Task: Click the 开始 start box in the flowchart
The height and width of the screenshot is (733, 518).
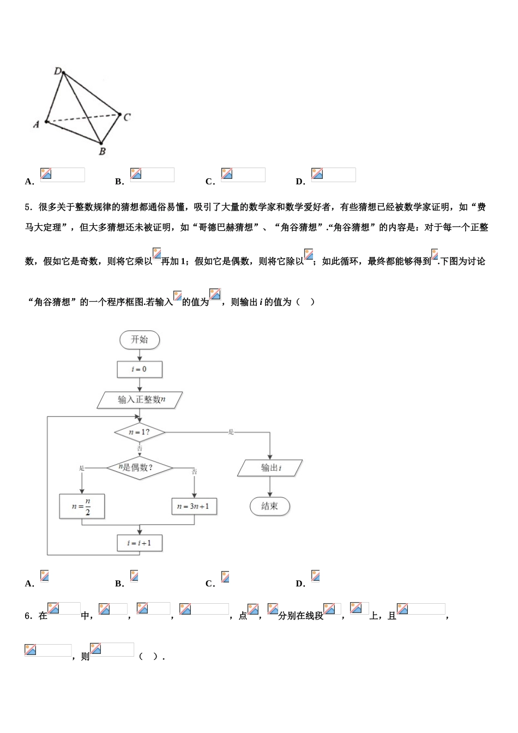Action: click(140, 340)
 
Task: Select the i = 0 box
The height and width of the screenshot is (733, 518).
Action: click(140, 369)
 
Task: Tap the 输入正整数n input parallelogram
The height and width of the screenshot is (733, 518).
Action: click(140, 400)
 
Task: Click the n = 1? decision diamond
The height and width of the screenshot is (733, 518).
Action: click(140, 432)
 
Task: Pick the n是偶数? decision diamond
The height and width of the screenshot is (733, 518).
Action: click(139, 467)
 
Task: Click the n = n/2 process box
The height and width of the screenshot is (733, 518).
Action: click(82, 506)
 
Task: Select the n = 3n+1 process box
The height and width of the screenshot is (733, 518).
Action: click(194, 506)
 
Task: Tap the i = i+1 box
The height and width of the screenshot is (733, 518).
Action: click(140, 543)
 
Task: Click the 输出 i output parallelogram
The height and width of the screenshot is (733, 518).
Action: click(270, 468)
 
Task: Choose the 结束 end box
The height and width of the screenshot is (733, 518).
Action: click(270, 506)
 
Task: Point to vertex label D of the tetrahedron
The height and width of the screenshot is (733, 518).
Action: click(58, 70)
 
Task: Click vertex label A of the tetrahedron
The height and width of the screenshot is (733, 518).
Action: click(37, 124)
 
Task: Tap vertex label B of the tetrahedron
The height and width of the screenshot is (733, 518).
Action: click(102, 152)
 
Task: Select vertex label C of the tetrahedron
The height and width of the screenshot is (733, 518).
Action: click(127, 117)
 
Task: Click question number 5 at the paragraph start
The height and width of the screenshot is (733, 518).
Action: click(28, 207)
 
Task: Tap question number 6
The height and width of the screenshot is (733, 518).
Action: click(28, 616)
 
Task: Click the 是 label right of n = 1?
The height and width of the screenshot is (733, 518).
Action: click(231, 432)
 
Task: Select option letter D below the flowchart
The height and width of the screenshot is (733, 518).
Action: click(300, 584)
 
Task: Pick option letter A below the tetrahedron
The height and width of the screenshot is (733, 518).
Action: click(29, 182)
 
